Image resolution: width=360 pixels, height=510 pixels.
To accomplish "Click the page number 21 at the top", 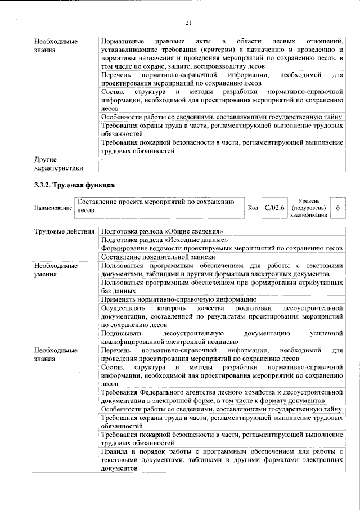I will point(188,23).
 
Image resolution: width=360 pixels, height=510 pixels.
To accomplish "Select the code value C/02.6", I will point(276,208).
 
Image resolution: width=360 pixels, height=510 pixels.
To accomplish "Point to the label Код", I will point(253,208).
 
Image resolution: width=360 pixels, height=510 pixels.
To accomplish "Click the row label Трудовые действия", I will point(61,231).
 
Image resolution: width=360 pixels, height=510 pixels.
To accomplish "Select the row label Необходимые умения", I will point(56,270).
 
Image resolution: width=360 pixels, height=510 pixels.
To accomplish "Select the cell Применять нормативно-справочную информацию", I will point(179,299).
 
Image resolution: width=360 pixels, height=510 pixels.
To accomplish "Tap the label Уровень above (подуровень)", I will point(309,200).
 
